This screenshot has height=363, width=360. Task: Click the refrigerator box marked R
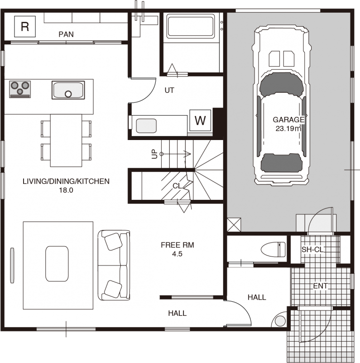(x=25, y=26)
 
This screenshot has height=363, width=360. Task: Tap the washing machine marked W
(x=200, y=121)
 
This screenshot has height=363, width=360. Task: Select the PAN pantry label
(x=66, y=34)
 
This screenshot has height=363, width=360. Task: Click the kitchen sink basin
(x=68, y=90)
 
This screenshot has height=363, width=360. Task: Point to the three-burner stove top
(x=20, y=89)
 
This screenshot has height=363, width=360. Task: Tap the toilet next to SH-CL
(x=273, y=249)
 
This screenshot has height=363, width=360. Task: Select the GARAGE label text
(x=288, y=120)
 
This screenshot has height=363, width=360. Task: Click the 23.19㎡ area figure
(x=288, y=128)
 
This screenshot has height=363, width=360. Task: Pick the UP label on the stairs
(x=154, y=154)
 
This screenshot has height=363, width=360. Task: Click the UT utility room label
(x=169, y=90)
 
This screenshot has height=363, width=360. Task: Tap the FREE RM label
(x=178, y=245)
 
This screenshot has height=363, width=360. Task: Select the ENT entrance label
(x=321, y=286)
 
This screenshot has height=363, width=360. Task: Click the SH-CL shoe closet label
(x=312, y=249)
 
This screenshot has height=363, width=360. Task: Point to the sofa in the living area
(x=114, y=265)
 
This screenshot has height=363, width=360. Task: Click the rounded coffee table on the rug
(x=57, y=264)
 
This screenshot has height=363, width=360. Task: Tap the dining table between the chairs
(x=66, y=140)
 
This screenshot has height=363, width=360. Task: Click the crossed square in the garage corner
(x=234, y=225)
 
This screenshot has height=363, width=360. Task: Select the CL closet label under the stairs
(x=177, y=186)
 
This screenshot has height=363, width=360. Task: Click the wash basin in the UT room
(x=146, y=126)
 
